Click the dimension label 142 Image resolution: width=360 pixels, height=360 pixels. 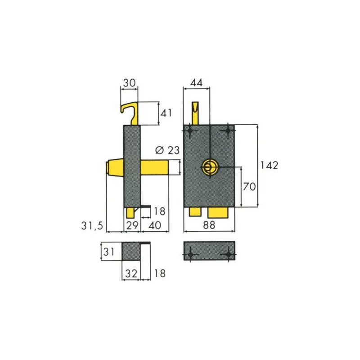click(269, 165)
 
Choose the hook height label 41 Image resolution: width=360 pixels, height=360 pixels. click(166, 113)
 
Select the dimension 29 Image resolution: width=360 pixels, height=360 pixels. click(132, 225)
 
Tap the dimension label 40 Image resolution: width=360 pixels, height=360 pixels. click(155, 225)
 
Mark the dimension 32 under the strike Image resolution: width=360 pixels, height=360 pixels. click(131, 273)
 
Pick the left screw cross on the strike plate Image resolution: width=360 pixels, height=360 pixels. click(191, 255)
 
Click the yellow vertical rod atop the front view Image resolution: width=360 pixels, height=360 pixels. click(195, 113)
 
